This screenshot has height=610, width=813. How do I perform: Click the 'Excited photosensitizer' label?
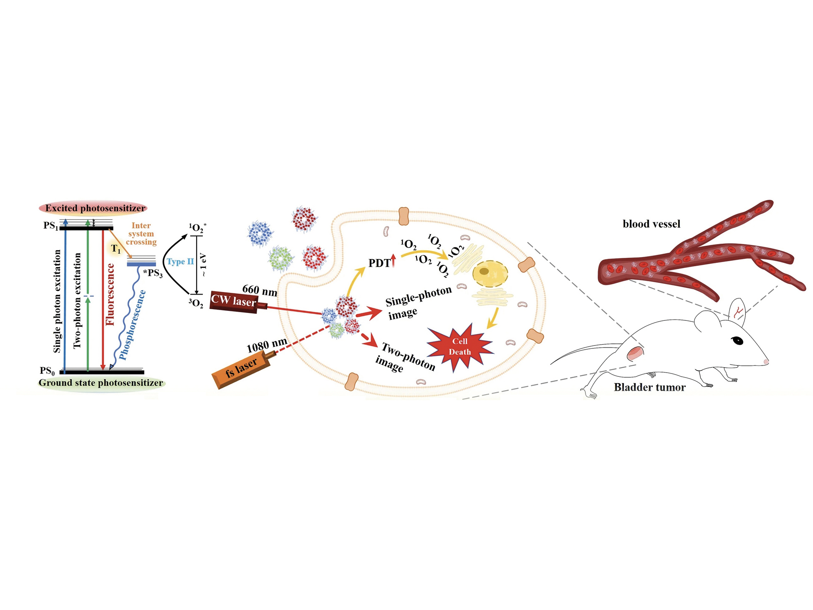pos(95,208)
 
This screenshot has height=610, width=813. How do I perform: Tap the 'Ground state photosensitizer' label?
pos(101,383)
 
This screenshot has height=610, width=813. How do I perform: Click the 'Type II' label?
pos(180,262)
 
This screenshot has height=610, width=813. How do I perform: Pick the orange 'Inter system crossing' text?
pos(141,234)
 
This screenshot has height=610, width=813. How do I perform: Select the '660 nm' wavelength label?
pos(260,290)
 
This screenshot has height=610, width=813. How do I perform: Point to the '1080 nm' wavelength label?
pos(267,345)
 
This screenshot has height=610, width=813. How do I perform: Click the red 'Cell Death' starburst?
pos(460,347)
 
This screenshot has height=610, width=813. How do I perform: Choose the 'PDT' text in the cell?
pos(379,263)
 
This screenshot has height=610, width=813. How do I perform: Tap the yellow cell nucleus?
pos(490,274)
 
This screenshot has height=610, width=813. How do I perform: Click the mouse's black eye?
pos(737,340)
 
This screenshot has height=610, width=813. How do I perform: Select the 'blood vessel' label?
pos(651,224)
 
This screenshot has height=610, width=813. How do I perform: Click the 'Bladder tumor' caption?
pos(649,387)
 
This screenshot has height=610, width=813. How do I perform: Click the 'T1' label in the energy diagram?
pos(116,249)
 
